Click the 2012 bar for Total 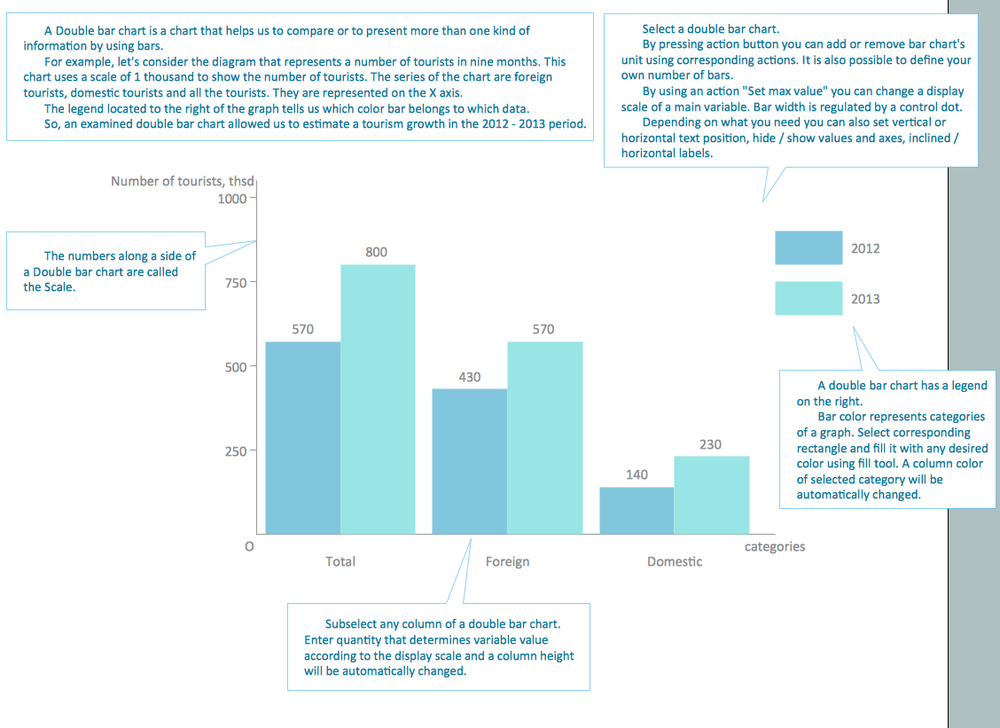click(302, 437)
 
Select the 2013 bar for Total click(378, 399)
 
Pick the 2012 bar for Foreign click(469, 461)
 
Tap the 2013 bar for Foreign click(544, 437)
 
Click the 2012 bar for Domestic click(637, 510)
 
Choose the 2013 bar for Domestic click(711, 495)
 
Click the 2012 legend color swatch click(809, 248)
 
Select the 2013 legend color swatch click(809, 299)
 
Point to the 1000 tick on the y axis click(232, 198)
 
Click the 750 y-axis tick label click(235, 282)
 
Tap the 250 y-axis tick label click(235, 450)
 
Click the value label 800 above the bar click(376, 252)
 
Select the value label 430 click(469, 377)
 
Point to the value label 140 click(637, 474)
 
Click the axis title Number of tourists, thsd click(182, 181)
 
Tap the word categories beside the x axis click(774, 546)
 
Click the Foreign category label click(507, 561)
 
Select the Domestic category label click(674, 561)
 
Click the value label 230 click(710, 444)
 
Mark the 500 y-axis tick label click(235, 366)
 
